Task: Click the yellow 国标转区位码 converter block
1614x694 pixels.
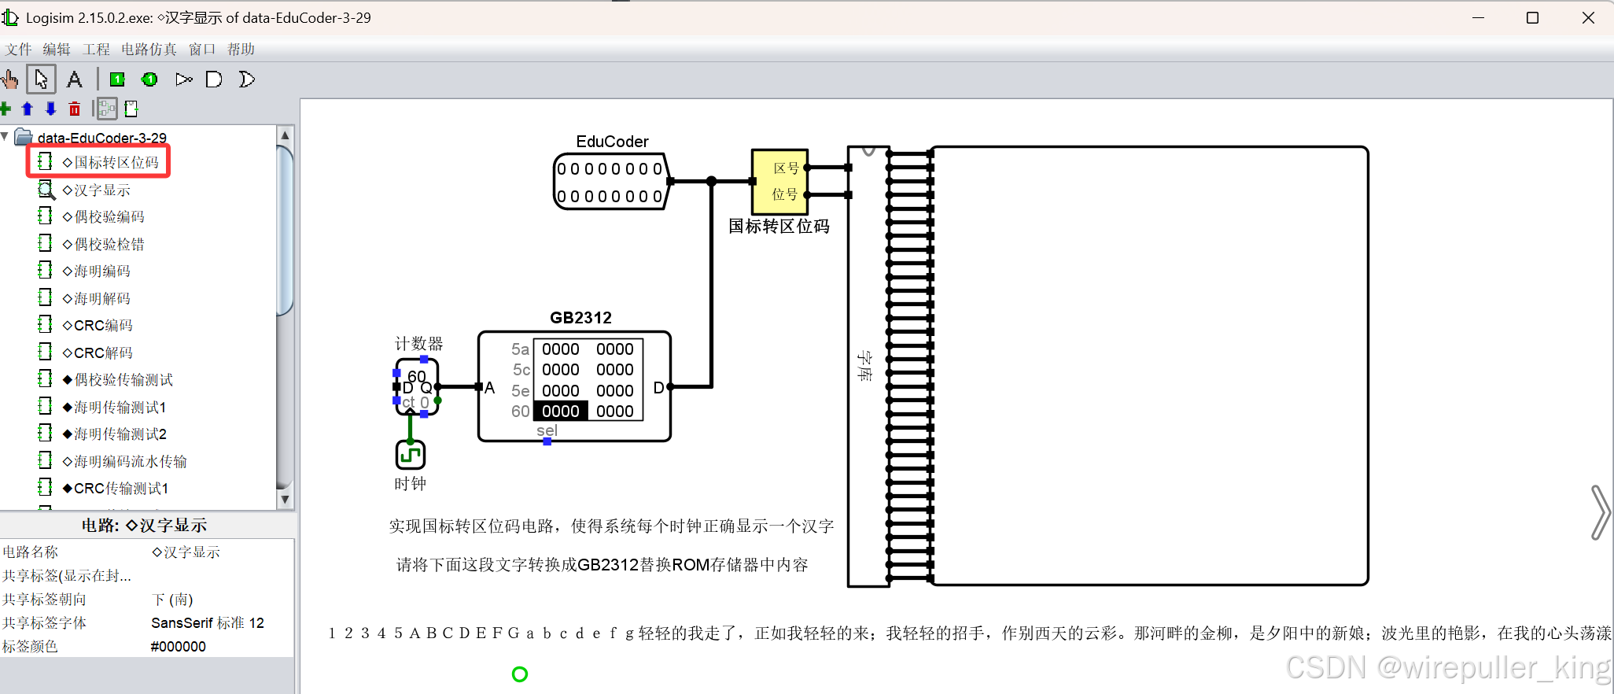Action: [779, 182]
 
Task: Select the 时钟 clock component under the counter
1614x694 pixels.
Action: [410, 455]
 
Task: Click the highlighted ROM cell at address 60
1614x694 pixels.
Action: [560, 411]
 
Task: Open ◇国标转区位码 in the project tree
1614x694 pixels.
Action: [116, 163]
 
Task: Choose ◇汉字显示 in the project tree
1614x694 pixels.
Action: [101, 190]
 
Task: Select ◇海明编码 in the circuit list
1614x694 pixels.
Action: [101, 271]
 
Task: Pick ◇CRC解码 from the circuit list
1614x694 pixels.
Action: [103, 353]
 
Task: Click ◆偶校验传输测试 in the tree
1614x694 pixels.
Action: [123, 380]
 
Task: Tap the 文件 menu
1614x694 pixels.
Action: [18, 50]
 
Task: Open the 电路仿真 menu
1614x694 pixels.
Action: [149, 50]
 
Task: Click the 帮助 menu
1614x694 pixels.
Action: [241, 50]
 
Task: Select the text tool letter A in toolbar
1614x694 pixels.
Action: [75, 79]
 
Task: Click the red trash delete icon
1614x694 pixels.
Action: [75, 109]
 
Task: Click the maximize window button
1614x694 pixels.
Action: [1532, 18]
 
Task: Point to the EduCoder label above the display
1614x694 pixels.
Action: [612, 142]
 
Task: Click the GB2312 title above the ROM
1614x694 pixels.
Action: [580, 318]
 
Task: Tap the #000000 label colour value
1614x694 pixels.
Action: [179, 647]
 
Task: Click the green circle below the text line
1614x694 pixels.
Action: [520, 674]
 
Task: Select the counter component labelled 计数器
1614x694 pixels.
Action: [417, 386]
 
